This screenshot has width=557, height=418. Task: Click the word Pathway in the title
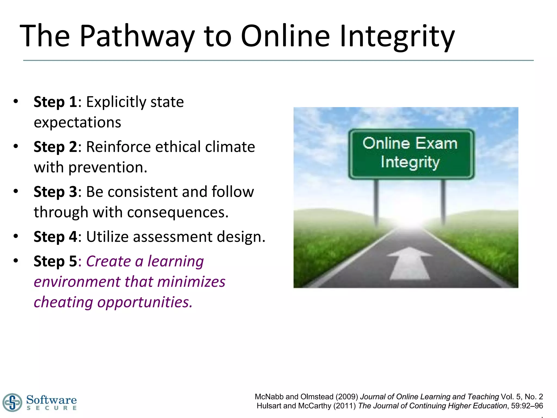(137, 36)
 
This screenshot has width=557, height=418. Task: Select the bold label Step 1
(55, 102)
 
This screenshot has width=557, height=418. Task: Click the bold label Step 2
(55, 147)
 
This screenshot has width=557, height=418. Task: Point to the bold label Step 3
(55, 192)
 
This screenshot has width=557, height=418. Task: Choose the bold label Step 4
(55, 236)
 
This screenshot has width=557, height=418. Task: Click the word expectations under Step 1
(77, 122)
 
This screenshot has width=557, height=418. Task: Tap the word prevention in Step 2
(107, 167)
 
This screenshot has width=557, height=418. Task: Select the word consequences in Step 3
(177, 212)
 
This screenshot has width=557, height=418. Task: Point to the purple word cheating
(63, 302)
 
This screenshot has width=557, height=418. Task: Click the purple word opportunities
(145, 302)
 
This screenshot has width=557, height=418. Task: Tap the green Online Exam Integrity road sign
(411, 153)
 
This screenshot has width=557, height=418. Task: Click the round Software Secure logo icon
(12, 402)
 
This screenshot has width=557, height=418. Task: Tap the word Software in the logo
(51, 400)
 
